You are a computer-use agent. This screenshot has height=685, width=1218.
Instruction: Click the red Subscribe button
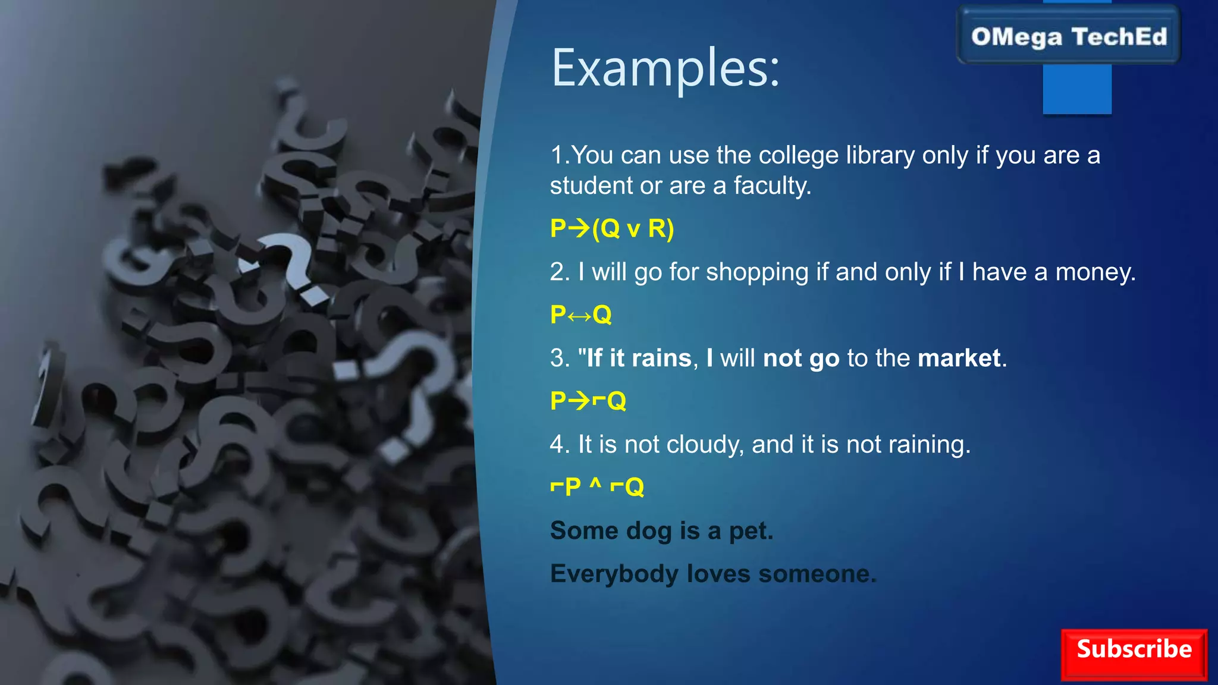1134,654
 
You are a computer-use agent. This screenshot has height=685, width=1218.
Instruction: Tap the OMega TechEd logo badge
1069,36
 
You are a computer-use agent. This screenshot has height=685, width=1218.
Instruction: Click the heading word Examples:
665,68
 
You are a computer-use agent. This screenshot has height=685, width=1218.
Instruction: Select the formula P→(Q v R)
612,228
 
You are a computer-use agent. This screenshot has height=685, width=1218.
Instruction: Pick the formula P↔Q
580,315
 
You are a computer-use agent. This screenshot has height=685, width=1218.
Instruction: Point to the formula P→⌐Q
588,401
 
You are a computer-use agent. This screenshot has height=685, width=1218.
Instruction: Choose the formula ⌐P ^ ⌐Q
597,487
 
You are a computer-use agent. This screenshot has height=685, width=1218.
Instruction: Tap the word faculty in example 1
771,186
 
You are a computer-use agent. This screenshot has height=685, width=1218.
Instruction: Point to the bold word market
959,359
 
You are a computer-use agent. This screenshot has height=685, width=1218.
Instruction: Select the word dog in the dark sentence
648,531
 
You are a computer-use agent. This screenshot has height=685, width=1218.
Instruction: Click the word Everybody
614,574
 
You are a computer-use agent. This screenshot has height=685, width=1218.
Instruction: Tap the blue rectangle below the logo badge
1076,89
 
